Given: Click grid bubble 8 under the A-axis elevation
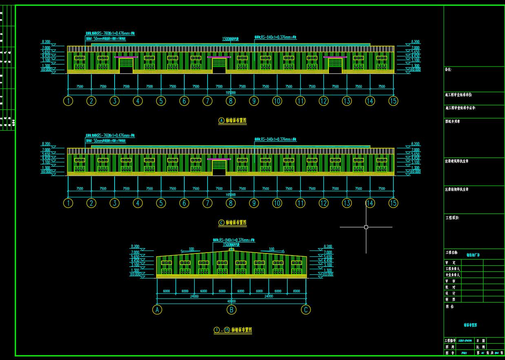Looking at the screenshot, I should [231, 101].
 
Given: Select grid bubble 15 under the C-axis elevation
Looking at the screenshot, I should [393, 203].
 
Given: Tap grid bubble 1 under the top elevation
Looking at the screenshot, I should [68, 101].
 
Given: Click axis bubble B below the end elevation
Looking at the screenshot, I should [231, 310].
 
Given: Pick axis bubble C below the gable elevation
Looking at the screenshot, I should [306, 310].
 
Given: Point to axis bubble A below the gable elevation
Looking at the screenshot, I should [157, 310].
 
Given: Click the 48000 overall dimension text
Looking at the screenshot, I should [231, 301].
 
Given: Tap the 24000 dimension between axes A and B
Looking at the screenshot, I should [194, 296].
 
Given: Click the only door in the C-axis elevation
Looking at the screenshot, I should [219, 167].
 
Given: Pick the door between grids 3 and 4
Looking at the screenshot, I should [126, 65].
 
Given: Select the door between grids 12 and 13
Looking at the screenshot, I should [335, 65].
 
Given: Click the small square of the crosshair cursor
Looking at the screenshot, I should [366, 227].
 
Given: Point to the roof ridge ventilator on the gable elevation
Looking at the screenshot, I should [231, 249].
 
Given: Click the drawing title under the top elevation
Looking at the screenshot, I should [233, 120].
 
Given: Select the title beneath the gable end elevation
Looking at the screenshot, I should [233, 330].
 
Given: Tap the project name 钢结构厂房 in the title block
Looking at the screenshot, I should [473, 255].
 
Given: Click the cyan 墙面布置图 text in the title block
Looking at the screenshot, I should [470, 325].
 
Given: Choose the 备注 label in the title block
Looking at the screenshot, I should [448, 70].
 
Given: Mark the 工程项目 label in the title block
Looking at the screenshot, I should [452, 218].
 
